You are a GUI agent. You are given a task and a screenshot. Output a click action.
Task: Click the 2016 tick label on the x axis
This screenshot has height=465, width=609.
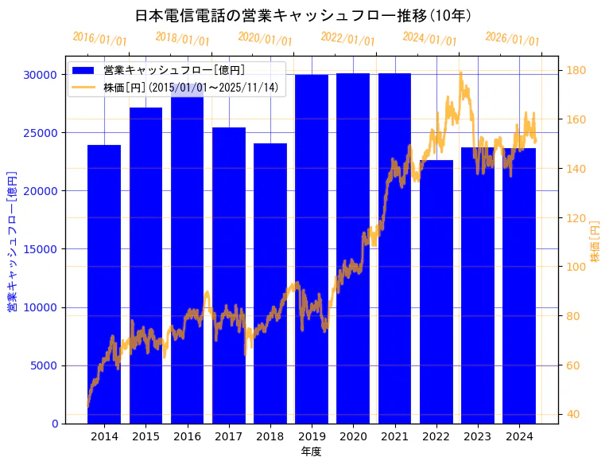click(x=187, y=436)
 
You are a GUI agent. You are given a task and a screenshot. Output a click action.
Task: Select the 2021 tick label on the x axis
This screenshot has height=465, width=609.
click(x=394, y=436)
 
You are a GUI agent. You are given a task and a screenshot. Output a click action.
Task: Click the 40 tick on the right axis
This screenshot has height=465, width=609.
click(x=572, y=415)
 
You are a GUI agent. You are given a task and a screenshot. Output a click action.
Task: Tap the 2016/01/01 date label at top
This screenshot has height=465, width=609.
click(x=99, y=39)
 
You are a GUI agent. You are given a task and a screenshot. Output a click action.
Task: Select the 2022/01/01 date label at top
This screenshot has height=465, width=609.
click(x=347, y=39)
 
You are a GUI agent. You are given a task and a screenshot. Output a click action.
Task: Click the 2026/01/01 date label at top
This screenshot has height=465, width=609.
click(x=512, y=39)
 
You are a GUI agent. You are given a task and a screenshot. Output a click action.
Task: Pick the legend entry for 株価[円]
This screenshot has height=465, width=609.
click(x=191, y=88)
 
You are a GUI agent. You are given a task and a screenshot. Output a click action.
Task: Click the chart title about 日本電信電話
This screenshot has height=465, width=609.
click(x=304, y=16)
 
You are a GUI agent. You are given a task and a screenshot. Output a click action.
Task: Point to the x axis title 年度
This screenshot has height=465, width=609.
click(x=311, y=451)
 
